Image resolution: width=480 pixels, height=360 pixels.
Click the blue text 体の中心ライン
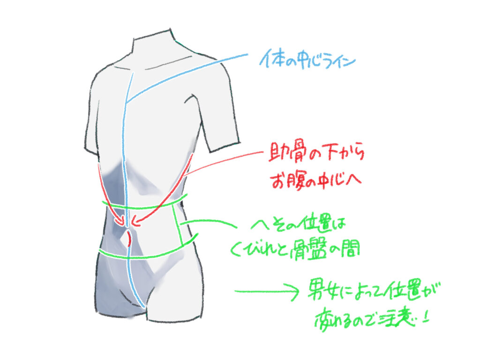(x=307, y=60)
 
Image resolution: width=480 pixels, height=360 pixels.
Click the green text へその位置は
(x=298, y=225)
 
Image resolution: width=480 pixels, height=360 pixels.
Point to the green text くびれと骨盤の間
(x=295, y=248)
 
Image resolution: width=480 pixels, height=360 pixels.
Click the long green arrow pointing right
(x=267, y=291)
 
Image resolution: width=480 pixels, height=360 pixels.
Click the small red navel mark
(x=129, y=239)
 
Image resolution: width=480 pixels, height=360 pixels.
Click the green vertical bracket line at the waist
(x=178, y=225)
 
